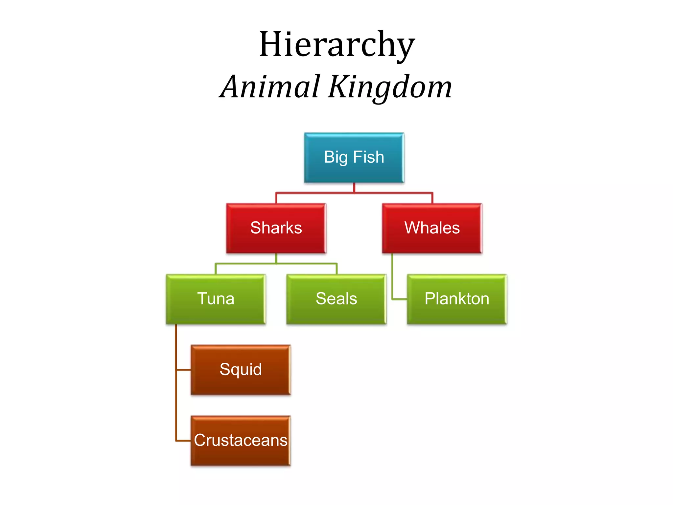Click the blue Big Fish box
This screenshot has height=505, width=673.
tap(354, 157)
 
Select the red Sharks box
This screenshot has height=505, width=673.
tap(276, 228)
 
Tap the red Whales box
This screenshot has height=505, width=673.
tap(432, 228)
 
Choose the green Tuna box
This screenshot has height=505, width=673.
tap(216, 299)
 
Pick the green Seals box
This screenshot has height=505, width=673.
tap(336, 299)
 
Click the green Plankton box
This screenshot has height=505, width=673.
tap(457, 299)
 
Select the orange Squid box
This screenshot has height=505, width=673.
tap(241, 370)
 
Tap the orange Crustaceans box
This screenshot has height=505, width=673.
tap(241, 441)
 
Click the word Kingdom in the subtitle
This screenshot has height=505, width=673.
tap(390, 87)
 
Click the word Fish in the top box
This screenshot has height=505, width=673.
tap(369, 157)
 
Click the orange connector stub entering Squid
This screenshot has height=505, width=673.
tap(184, 370)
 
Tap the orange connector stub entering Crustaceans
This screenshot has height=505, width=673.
tap(184, 441)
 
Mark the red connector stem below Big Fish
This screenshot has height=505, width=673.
tap(354, 188)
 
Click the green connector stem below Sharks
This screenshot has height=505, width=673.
tap(276, 258)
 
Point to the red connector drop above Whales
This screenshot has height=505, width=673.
tap(432, 198)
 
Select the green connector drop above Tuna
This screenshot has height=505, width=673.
tap(216, 269)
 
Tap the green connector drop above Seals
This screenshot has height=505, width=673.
tap(336, 269)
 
